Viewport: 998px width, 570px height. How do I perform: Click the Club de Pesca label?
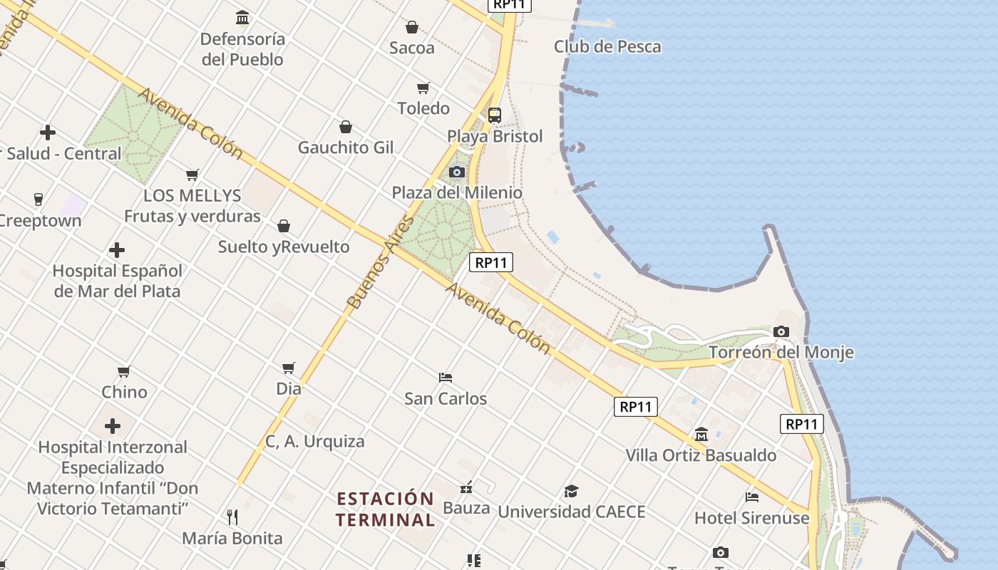click(x=607, y=47)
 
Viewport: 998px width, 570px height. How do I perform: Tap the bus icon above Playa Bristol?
click(x=494, y=115)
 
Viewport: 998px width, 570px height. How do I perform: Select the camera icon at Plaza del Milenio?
click(x=457, y=172)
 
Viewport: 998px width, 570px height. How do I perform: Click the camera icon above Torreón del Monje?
click(x=781, y=331)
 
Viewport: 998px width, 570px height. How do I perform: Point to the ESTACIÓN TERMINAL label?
click(x=385, y=509)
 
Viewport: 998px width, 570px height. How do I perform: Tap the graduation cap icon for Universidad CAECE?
click(x=571, y=491)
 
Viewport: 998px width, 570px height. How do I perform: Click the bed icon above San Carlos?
click(x=446, y=377)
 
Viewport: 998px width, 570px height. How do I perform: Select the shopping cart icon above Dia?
click(x=289, y=368)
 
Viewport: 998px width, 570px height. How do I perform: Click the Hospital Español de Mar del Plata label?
click(x=118, y=281)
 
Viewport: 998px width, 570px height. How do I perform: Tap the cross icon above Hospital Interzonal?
click(x=113, y=426)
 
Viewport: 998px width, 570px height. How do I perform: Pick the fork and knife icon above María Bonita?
click(x=232, y=517)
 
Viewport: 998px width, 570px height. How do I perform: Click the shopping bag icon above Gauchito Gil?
click(x=346, y=127)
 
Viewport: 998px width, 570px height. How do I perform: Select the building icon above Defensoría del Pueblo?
click(x=242, y=17)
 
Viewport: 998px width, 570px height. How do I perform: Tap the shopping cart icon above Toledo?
click(x=423, y=88)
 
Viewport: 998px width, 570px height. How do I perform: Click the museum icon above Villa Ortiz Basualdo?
click(x=701, y=434)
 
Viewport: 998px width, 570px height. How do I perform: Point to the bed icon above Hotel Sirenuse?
click(x=752, y=497)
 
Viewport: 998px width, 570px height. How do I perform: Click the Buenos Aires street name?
click(x=381, y=261)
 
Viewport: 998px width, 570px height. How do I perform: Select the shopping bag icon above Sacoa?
click(x=411, y=27)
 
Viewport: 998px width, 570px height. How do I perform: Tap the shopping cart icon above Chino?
click(x=124, y=371)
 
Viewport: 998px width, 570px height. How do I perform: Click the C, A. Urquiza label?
click(x=314, y=442)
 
